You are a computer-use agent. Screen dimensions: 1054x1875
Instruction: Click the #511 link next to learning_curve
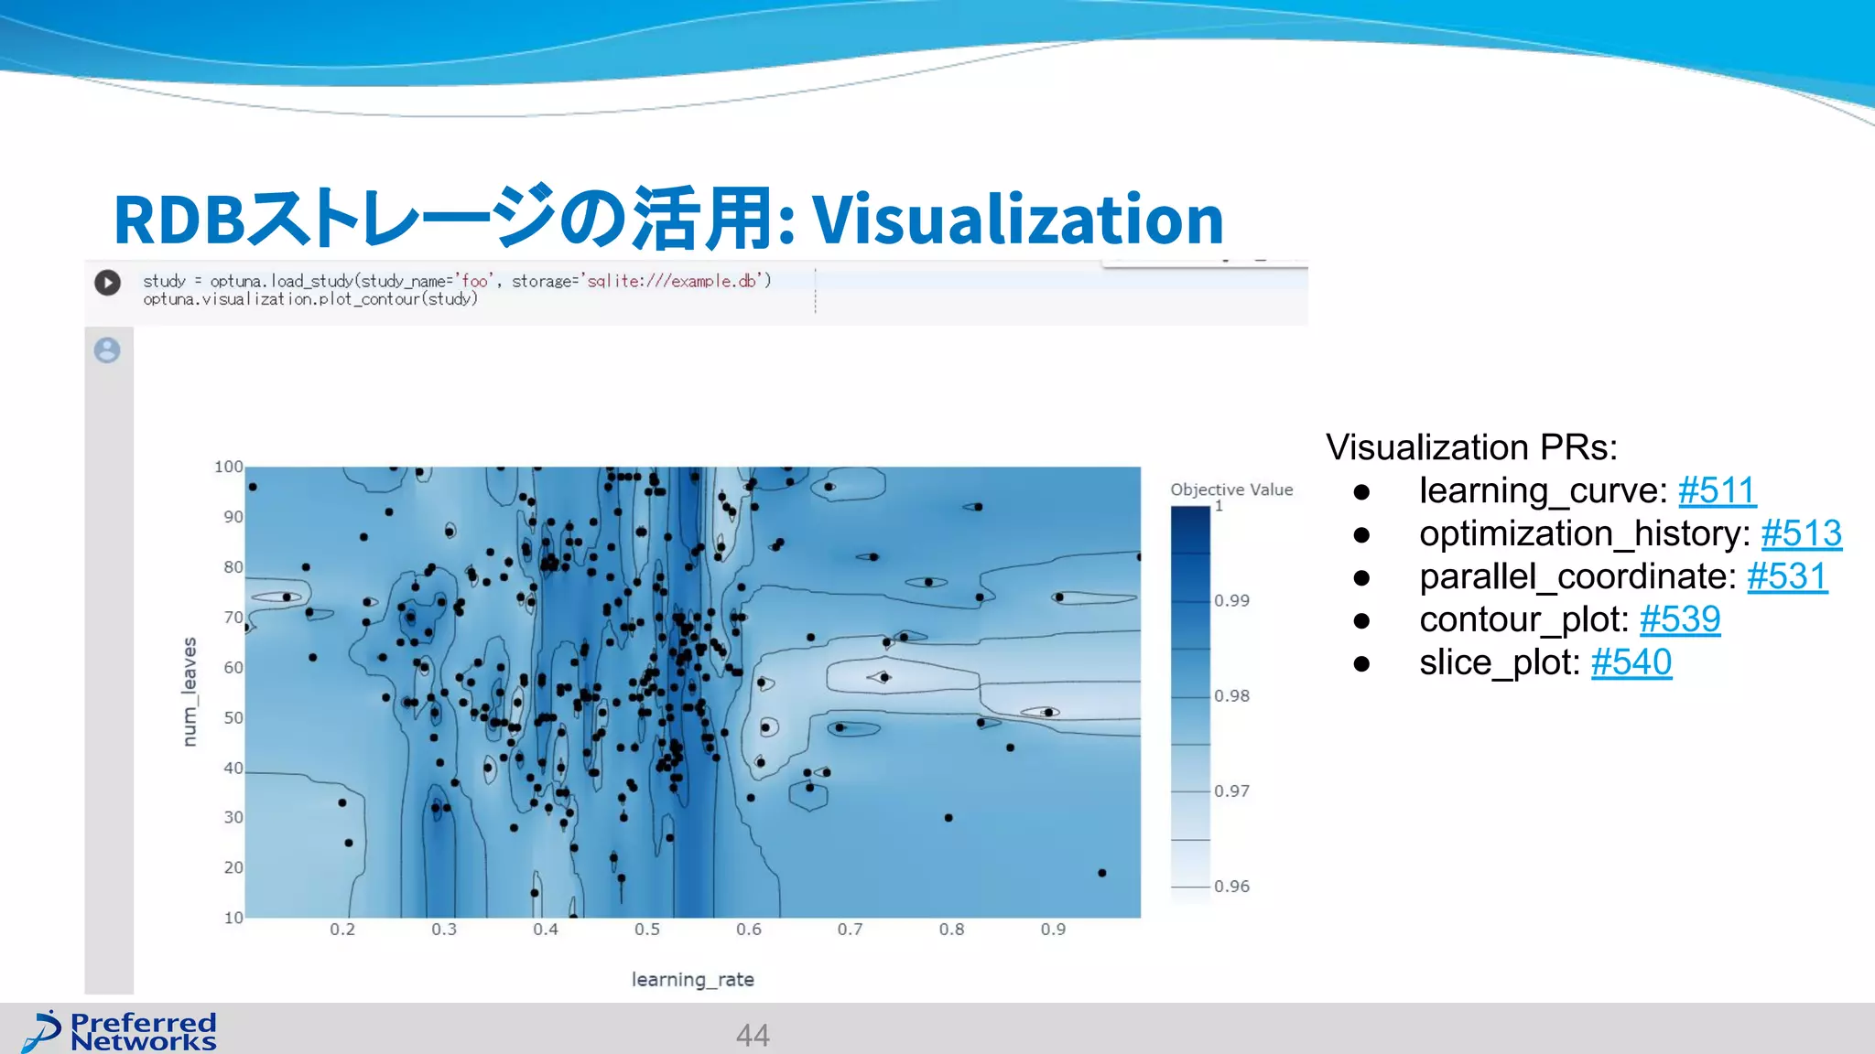(x=1717, y=491)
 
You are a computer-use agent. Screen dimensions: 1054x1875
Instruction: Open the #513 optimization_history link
(x=1801, y=534)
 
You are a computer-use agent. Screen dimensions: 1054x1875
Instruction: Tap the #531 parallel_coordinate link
(x=1786, y=577)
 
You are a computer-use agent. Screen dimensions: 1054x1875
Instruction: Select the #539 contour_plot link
(x=1679, y=620)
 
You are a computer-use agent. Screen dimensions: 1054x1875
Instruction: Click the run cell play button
(x=107, y=283)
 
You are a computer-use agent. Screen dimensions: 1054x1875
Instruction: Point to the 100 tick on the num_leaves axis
(x=228, y=467)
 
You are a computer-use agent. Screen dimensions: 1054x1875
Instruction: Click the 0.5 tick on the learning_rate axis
(x=646, y=930)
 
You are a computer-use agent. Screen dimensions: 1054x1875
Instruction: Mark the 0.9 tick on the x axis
(x=1052, y=930)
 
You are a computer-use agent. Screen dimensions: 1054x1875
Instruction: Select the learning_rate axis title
(x=692, y=980)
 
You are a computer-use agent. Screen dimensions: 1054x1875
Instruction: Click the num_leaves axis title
(x=190, y=692)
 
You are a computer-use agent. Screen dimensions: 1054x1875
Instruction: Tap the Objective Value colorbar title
(x=1230, y=489)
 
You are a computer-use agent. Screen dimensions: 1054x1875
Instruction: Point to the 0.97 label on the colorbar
(x=1231, y=790)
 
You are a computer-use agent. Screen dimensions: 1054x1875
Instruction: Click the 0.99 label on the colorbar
(x=1231, y=600)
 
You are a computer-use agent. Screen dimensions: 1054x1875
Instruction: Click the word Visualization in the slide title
(x=1017, y=220)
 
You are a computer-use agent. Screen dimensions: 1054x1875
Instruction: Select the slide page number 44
(x=752, y=1035)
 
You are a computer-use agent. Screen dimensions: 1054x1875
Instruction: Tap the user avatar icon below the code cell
(x=107, y=350)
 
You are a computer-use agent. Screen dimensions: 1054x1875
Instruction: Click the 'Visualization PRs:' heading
(x=1470, y=447)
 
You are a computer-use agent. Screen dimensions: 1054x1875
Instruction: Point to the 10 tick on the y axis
(x=233, y=918)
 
